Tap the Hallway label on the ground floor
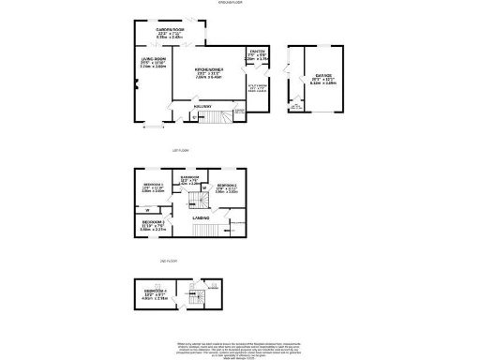201,108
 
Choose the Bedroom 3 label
153,224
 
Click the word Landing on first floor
201,218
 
